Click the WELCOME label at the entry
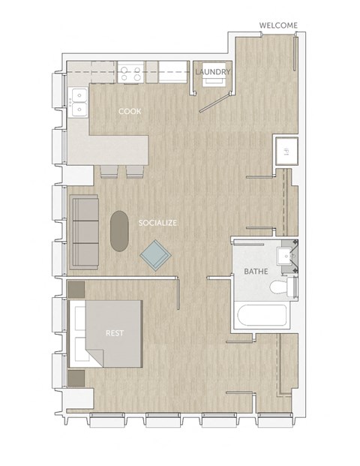point(278,26)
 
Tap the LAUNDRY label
point(213,72)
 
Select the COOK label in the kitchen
point(130,112)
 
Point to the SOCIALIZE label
point(157,223)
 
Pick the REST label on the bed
point(115,332)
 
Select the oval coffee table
point(119,230)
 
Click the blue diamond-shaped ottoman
point(156,255)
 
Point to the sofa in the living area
point(84,232)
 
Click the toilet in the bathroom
point(282,288)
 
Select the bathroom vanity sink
point(286,256)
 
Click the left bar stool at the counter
point(109,171)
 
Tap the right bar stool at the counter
point(135,171)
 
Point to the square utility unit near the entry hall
point(286,152)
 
